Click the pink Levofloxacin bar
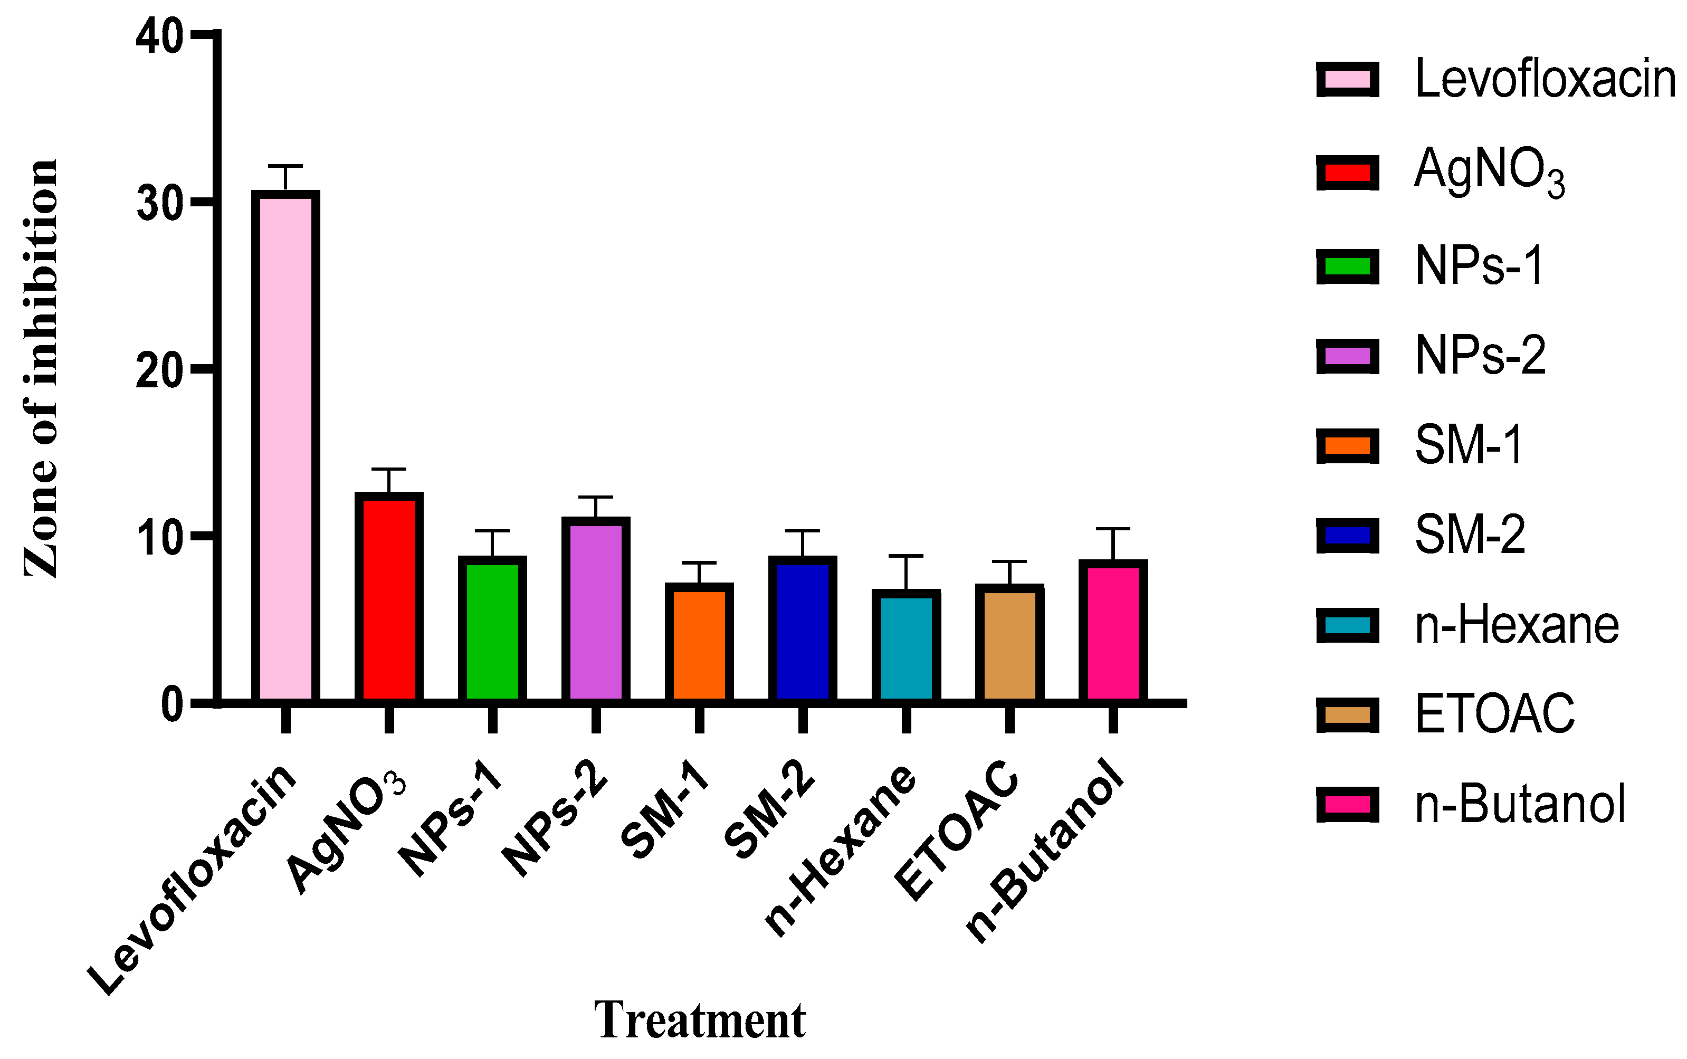[285, 449]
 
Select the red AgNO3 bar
[389, 599]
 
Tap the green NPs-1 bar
[492, 631]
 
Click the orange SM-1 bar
[699, 644]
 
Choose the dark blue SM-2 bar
[803, 631]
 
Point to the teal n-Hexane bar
[906, 648]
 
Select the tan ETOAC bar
[1009, 644]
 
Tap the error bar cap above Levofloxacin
[285, 166]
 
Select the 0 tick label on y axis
[171, 704]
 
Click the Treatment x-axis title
[700, 1020]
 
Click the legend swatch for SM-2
[1347, 536]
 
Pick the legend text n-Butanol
[1520, 804]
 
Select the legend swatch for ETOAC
[1347, 714]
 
